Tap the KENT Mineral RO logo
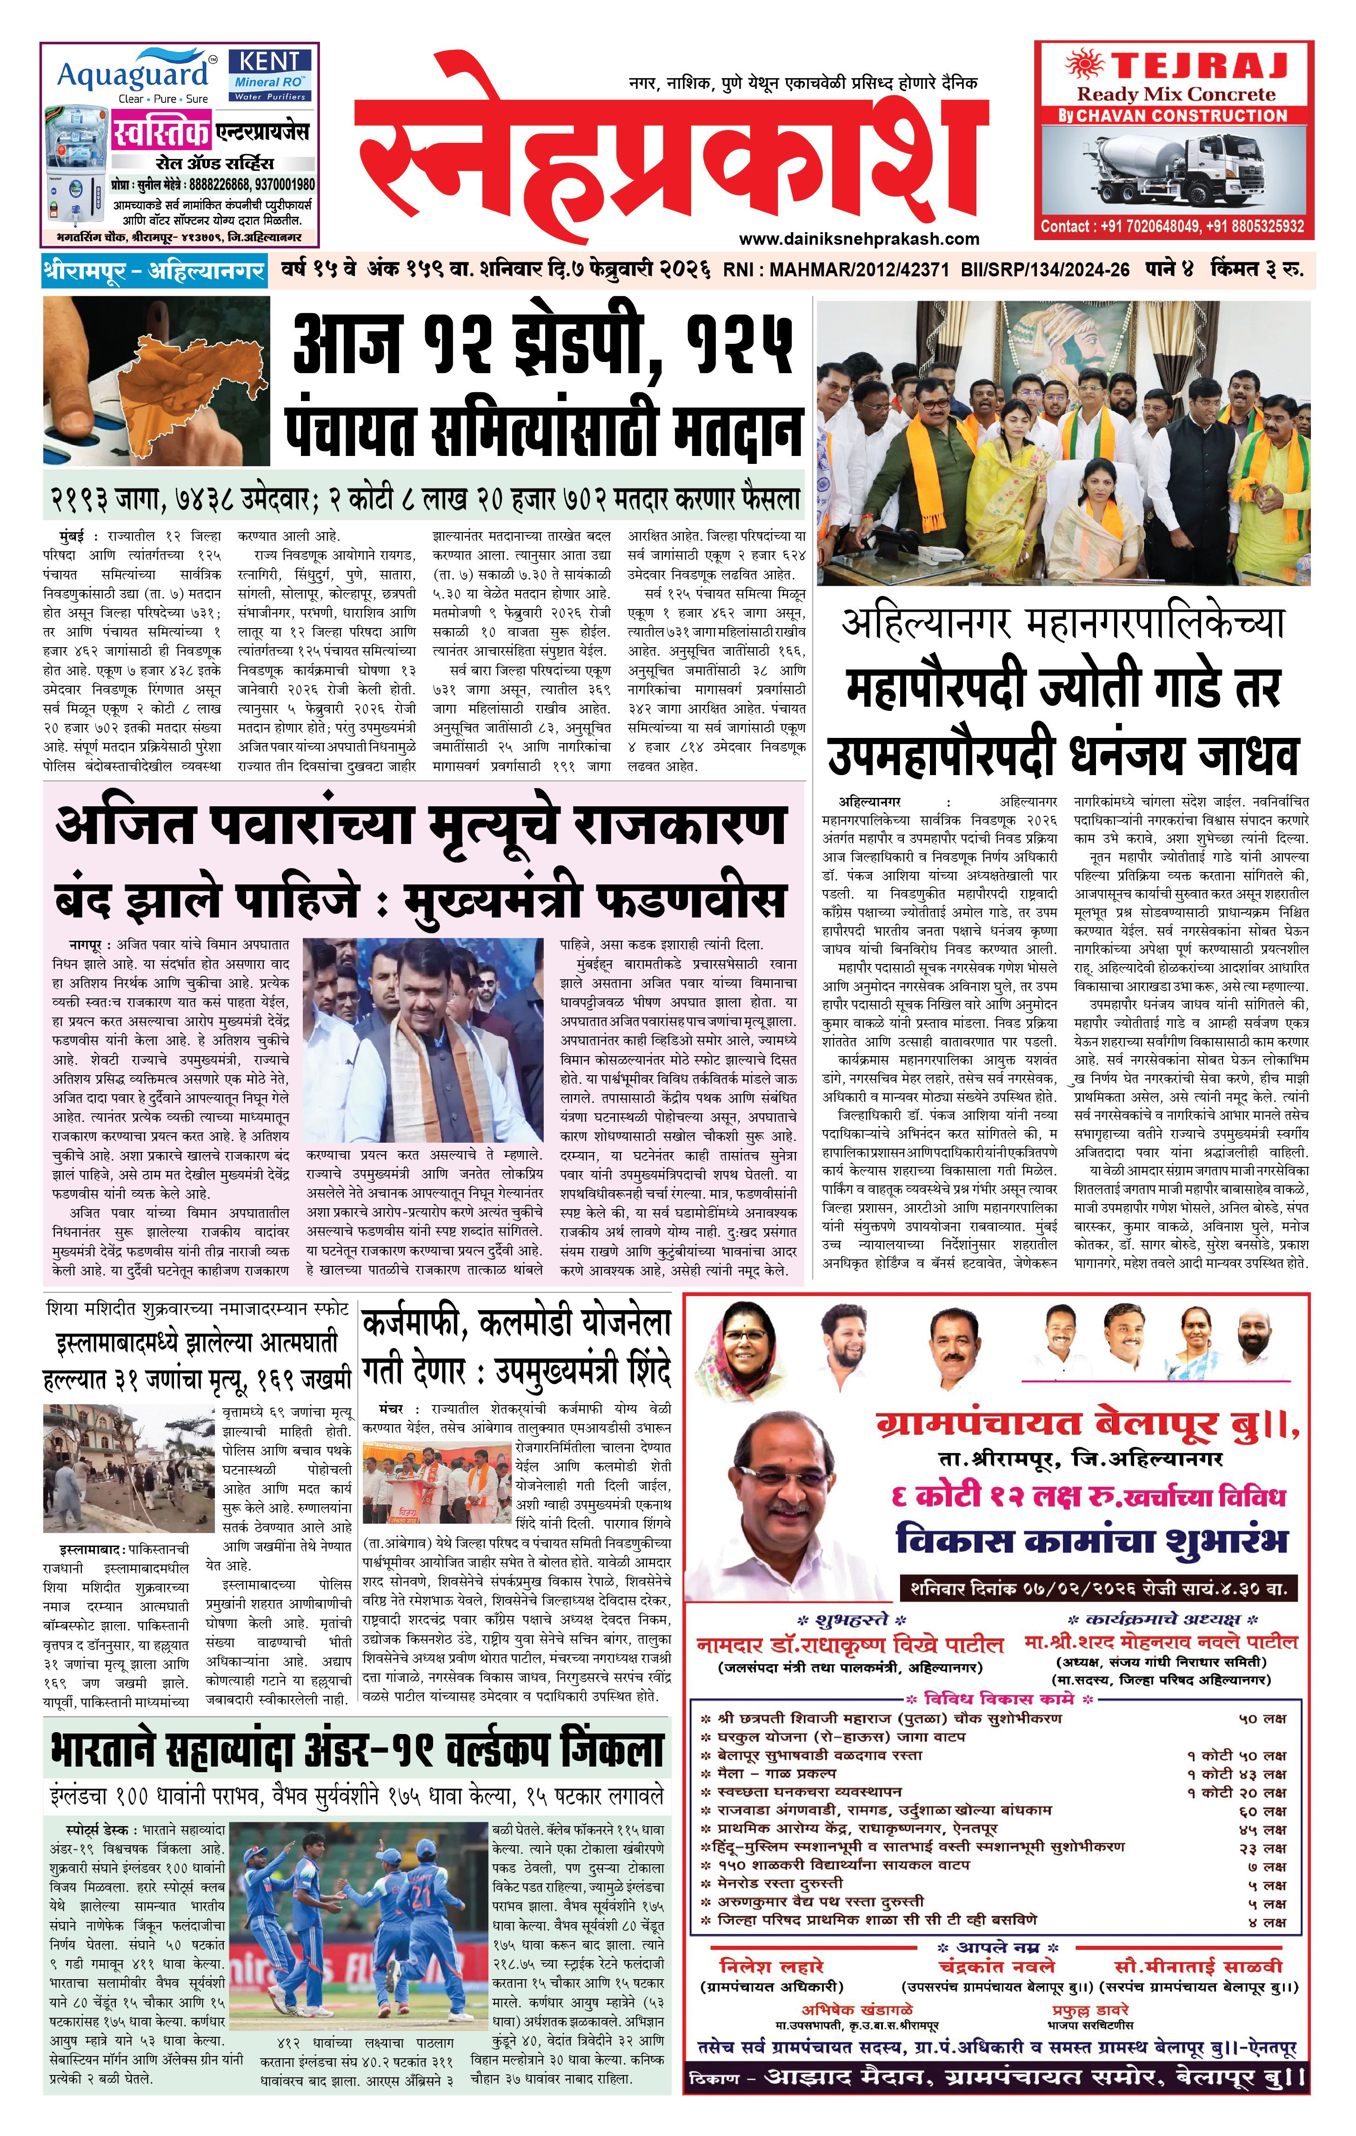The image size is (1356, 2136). pos(270,74)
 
